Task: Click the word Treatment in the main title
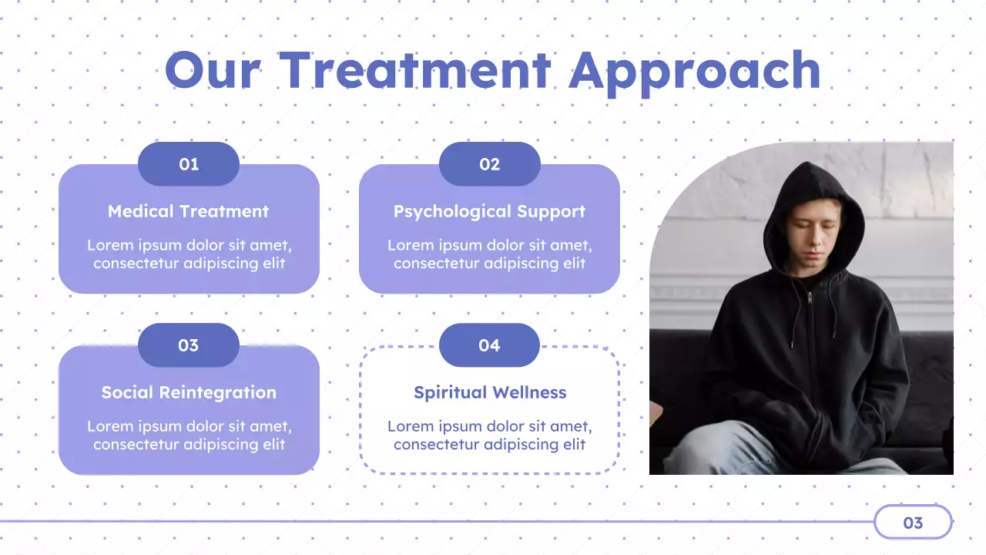pyautogui.click(x=415, y=70)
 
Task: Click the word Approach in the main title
pyautogui.click(x=695, y=72)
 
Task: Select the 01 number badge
pyautogui.click(x=189, y=164)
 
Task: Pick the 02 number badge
pyautogui.click(x=489, y=164)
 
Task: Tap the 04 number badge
pyautogui.click(x=489, y=345)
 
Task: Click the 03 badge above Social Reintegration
pyautogui.click(x=189, y=345)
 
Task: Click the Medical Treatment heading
pyautogui.click(x=189, y=211)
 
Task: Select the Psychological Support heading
pyautogui.click(x=489, y=211)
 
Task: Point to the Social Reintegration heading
pyautogui.click(x=189, y=392)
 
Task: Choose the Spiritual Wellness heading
pyautogui.click(x=490, y=392)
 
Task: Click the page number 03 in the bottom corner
pyautogui.click(x=913, y=523)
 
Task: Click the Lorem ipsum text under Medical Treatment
pyautogui.click(x=189, y=254)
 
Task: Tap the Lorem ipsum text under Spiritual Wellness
pyautogui.click(x=489, y=436)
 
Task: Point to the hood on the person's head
pyautogui.click(x=805, y=185)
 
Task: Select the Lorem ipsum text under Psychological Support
pyautogui.click(x=489, y=254)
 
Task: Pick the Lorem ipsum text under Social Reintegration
pyautogui.click(x=189, y=436)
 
